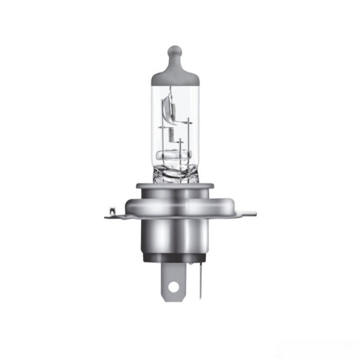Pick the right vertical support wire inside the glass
pyautogui.click(x=189, y=139)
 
